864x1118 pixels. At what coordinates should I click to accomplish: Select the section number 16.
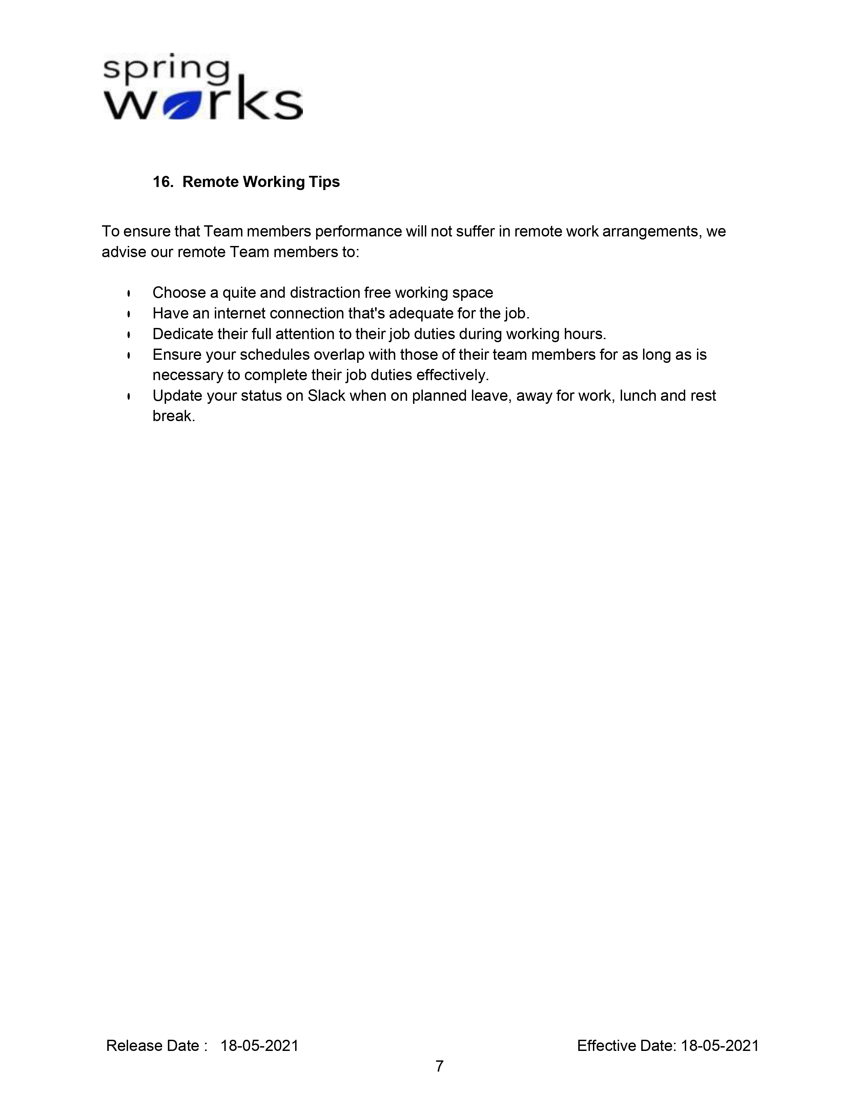click(x=162, y=182)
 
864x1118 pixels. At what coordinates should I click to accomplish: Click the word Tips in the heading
click(x=324, y=182)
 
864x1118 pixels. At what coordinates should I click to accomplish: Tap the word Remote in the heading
click(x=210, y=182)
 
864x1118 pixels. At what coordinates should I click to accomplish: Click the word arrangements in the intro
click(x=650, y=231)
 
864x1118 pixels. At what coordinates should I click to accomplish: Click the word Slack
click(x=326, y=396)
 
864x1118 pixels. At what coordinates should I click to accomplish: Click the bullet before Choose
click(x=129, y=293)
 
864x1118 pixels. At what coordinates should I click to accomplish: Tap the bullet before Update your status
click(x=129, y=396)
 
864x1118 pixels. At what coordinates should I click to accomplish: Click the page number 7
click(x=439, y=1066)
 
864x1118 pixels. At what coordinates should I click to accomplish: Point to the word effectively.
click(x=452, y=375)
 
